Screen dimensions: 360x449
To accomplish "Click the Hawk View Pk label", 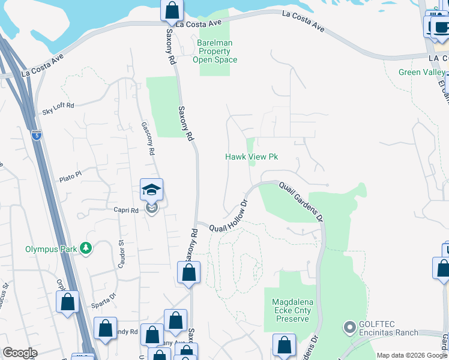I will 252,157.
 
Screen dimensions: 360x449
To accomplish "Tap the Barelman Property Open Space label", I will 215,52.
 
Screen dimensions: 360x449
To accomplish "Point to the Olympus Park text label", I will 52,248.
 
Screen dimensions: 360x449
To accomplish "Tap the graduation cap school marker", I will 151,191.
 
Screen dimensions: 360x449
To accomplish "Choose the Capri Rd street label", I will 126,211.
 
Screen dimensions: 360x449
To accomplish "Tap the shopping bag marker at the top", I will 172,10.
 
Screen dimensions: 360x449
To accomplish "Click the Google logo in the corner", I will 20,353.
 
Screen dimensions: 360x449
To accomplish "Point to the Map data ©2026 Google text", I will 412,355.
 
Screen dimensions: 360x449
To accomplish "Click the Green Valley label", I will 422,73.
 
